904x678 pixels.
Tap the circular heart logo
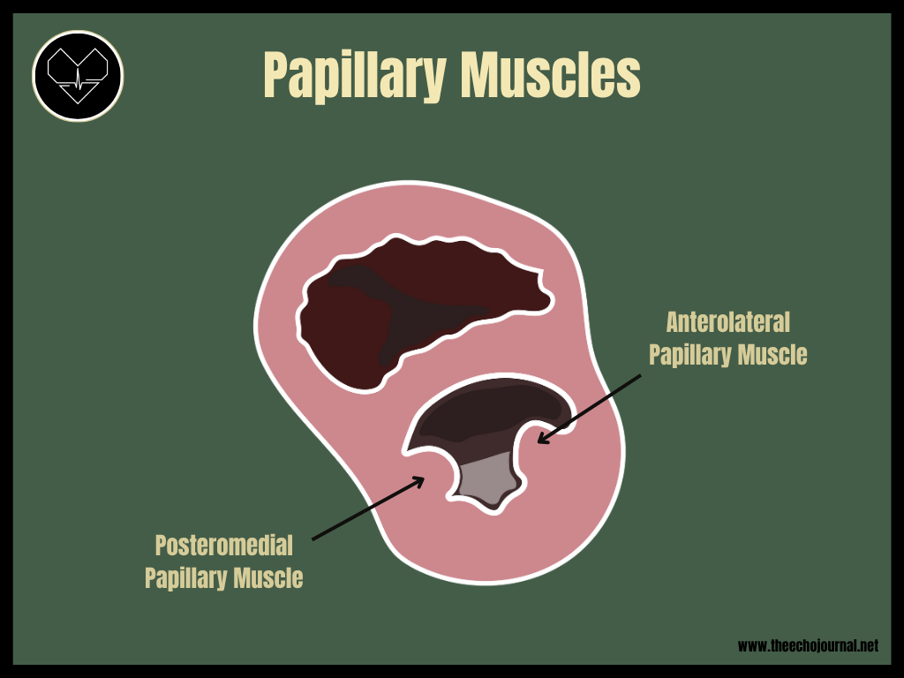point(78,76)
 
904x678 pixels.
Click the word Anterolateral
point(727,321)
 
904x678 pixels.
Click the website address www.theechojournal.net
point(808,646)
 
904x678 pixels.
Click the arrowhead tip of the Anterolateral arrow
point(538,441)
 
